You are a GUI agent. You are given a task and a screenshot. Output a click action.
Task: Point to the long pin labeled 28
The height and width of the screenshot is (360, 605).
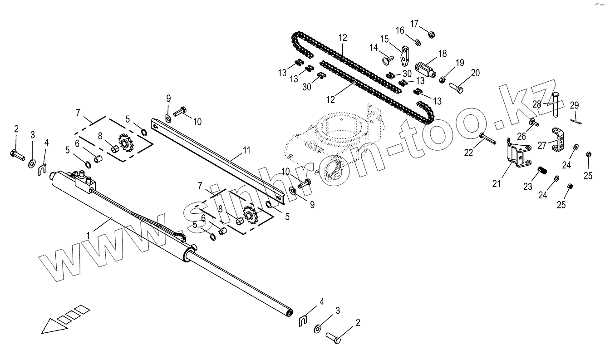point(556,104)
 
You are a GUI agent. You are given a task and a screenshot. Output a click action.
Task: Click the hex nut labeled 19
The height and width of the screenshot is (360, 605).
point(442,80)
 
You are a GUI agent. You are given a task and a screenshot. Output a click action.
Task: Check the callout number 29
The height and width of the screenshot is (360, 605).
point(574,105)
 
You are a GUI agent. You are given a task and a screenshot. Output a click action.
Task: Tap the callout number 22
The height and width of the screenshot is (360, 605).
point(468,153)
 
